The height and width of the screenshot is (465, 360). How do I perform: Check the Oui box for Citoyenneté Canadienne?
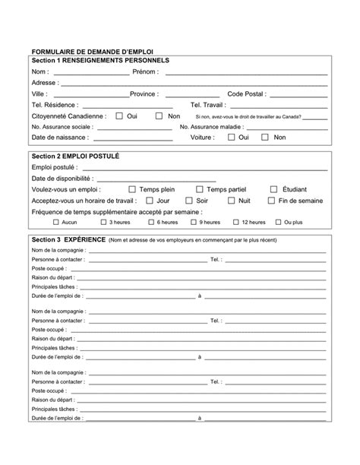coord(119,116)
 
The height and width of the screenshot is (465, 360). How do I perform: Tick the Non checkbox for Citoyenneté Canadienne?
coord(159,116)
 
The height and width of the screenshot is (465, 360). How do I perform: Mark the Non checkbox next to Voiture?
coord(265,138)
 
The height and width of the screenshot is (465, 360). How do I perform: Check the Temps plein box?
coord(132,189)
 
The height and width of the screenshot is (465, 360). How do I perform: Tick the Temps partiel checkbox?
coord(199,189)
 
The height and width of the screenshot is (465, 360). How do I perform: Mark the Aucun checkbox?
coord(56,222)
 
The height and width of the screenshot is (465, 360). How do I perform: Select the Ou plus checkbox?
coord(277,222)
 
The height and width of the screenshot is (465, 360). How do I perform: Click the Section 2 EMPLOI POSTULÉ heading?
coord(76,155)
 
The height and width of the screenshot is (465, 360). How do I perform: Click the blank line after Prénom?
coord(246,73)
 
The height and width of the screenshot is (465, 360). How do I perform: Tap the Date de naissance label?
coord(60,138)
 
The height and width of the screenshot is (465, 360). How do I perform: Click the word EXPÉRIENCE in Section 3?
coord(81,239)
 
